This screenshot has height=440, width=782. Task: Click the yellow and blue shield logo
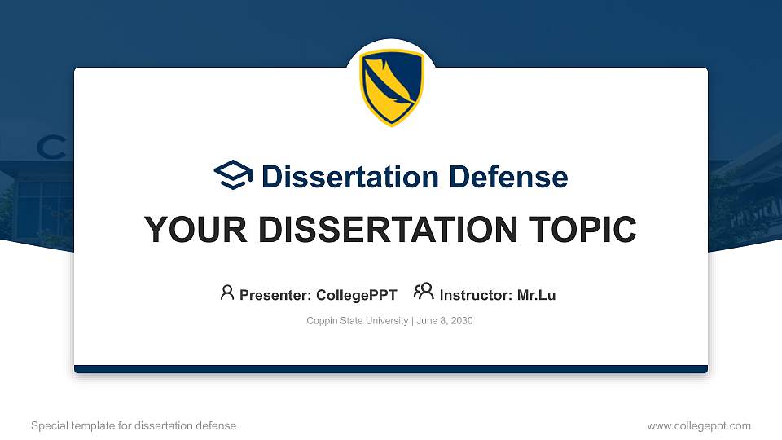(x=392, y=87)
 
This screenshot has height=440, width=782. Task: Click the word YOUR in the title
(x=191, y=230)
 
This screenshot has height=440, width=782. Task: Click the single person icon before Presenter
(x=227, y=293)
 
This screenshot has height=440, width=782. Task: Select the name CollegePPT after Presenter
(x=356, y=295)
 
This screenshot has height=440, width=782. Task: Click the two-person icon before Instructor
(x=424, y=293)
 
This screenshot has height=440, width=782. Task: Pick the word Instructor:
(x=477, y=295)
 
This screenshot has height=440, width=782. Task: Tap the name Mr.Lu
(x=536, y=295)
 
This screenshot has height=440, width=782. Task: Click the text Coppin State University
(x=358, y=321)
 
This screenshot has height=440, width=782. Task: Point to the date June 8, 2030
(x=445, y=321)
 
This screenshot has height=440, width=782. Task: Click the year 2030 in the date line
(x=461, y=321)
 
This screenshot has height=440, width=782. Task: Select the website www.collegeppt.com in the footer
(x=699, y=425)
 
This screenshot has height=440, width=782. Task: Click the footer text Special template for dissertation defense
(x=134, y=425)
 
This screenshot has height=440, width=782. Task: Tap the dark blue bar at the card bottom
(x=391, y=369)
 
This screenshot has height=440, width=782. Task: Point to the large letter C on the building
(x=51, y=147)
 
